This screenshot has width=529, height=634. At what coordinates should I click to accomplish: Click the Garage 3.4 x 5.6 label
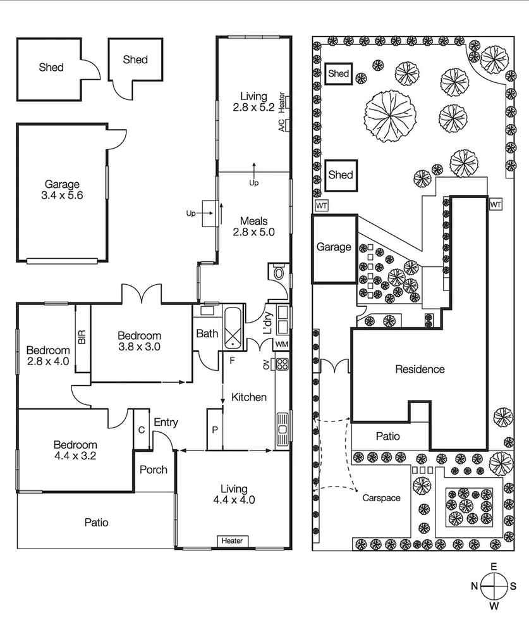click(63, 190)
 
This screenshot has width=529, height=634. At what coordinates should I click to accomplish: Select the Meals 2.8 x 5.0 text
click(253, 227)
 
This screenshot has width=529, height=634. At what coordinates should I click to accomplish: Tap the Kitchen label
click(248, 397)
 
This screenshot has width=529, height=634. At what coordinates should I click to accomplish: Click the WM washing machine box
click(282, 344)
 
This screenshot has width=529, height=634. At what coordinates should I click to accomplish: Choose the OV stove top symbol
click(282, 364)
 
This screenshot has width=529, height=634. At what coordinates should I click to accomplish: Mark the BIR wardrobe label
click(82, 338)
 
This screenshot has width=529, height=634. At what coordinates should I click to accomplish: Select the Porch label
click(154, 469)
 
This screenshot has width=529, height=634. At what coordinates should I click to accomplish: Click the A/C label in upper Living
click(282, 125)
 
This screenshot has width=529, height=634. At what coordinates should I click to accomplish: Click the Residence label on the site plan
click(420, 369)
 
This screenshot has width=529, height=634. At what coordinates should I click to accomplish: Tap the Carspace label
click(381, 498)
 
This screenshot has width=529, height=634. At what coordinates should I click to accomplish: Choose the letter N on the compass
click(474, 586)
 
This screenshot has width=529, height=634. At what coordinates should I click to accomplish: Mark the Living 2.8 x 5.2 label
click(253, 101)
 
